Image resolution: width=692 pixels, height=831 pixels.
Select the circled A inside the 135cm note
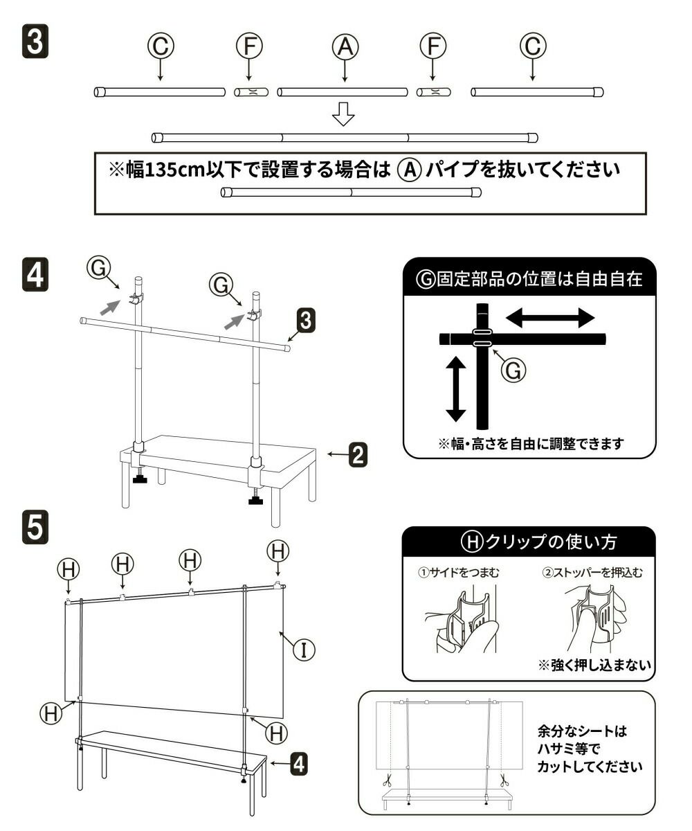pos(410,170)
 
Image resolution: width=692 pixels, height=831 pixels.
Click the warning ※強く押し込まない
pos(596,665)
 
